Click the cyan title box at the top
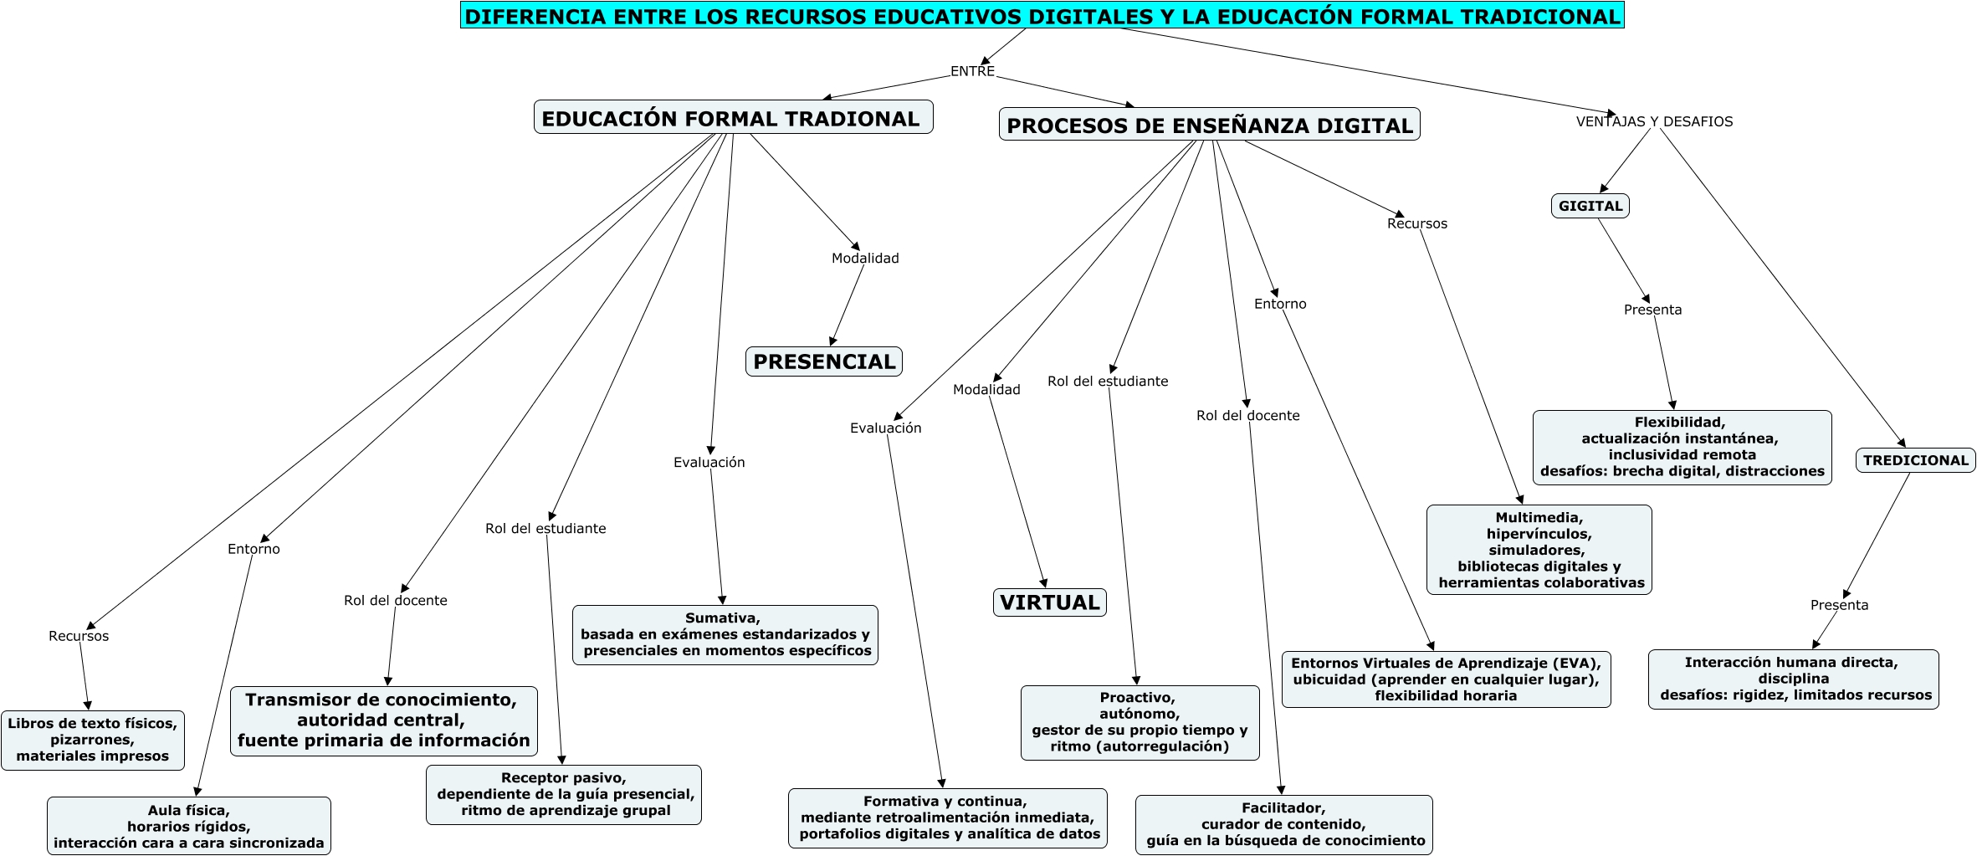pyautogui.click(x=1042, y=16)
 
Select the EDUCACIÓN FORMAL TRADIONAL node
pyautogui.click(x=733, y=118)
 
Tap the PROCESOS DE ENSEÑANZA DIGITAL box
pyautogui.click(x=1209, y=125)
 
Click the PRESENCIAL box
pyautogui.click(x=824, y=361)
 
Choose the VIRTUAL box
pyautogui.click(x=1049, y=602)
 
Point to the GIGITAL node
pyautogui.click(x=1590, y=206)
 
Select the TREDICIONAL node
pyautogui.click(x=1915, y=460)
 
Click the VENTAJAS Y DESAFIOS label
pyautogui.click(x=1654, y=121)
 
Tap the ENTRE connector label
pyautogui.click(x=972, y=71)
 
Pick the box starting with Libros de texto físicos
pyautogui.click(x=93, y=740)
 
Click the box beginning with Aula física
pyautogui.click(x=189, y=826)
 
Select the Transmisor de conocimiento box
pyautogui.click(x=384, y=720)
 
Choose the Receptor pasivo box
pyautogui.click(x=564, y=794)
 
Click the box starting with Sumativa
pyautogui.click(x=725, y=634)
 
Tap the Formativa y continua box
pyautogui.click(x=947, y=818)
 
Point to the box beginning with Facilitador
pyautogui.click(x=1283, y=824)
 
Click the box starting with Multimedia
pyautogui.click(x=1539, y=550)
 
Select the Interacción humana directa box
pyautogui.click(x=1793, y=679)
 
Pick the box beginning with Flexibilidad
pyautogui.click(x=1682, y=447)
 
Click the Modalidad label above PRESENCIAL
pyautogui.click(x=865, y=259)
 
